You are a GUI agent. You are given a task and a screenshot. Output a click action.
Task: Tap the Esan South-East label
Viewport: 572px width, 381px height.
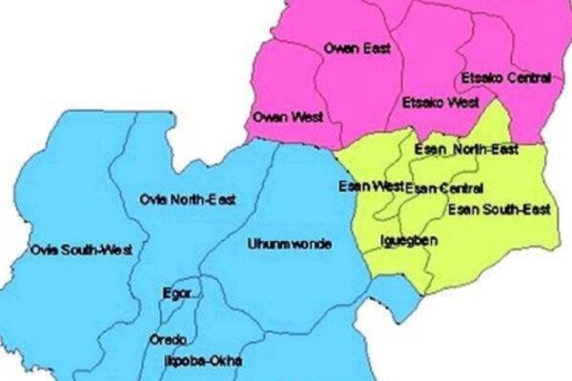[x=491, y=209]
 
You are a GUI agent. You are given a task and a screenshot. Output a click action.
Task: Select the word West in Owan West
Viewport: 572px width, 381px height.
[x=303, y=117]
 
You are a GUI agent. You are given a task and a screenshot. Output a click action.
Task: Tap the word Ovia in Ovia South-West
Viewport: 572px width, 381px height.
[x=41, y=251]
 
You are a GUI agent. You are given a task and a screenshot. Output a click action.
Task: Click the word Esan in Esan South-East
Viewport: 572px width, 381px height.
[x=463, y=209]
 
